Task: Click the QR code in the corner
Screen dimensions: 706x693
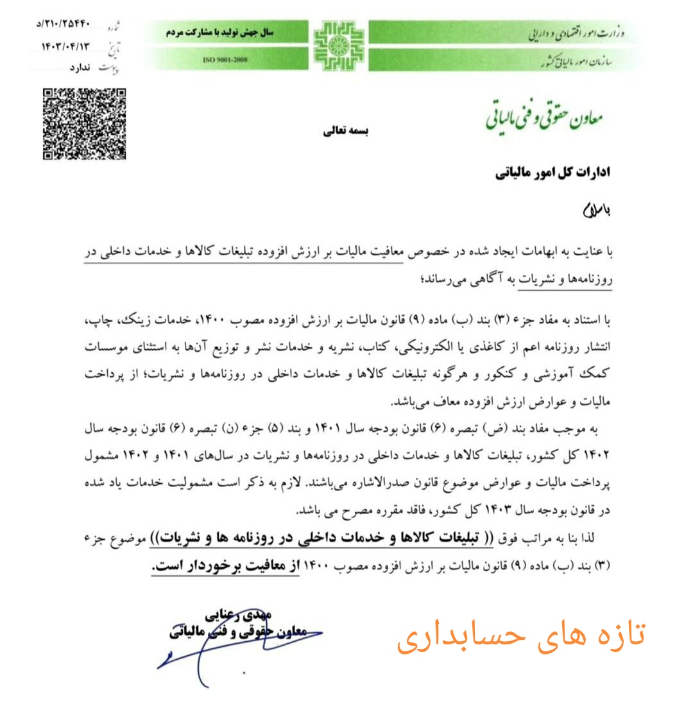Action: pyautogui.click(x=83, y=124)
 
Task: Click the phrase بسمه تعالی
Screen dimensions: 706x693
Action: pyautogui.click(x=346, y=131)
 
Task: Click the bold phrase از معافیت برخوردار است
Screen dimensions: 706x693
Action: pyautogui.click(x=225, y=566)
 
